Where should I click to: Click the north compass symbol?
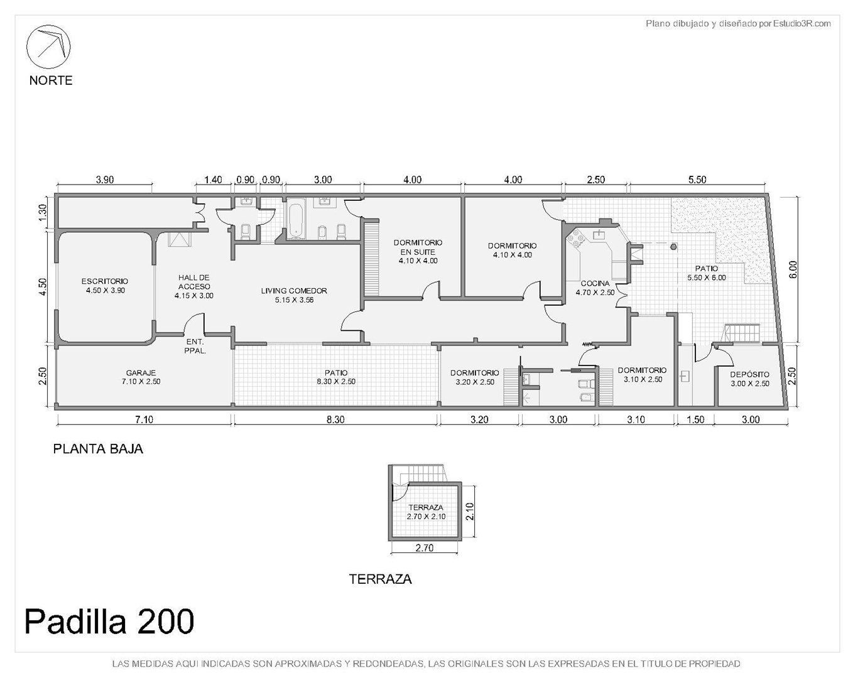point(48,46)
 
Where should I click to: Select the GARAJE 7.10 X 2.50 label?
point(141,377)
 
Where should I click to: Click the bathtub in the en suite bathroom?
point(295,218)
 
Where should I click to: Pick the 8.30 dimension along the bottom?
point(335,419)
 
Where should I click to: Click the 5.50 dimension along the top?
point(697,180)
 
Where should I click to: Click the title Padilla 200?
point(109,621)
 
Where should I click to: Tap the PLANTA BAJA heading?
point(98,449)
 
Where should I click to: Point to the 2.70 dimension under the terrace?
point(425,547)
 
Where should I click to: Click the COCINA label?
point(595,283)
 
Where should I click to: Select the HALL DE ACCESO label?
point(194,282)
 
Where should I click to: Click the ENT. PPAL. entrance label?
point(195,346)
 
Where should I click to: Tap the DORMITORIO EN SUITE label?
point(418,247)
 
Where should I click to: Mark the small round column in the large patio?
point(673,247)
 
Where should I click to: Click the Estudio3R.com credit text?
point(802,24)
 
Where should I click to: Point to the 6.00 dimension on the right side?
point(793,269)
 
